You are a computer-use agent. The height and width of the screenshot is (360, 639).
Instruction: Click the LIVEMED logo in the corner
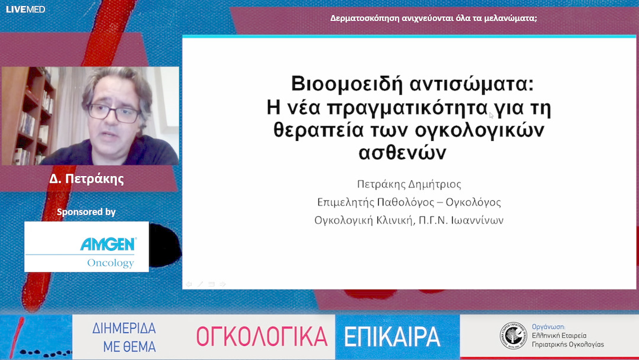[25, 9]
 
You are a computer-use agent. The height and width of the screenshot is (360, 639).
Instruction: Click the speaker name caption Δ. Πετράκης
[87, 179]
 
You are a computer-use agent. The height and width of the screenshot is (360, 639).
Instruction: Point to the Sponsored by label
[86, 212]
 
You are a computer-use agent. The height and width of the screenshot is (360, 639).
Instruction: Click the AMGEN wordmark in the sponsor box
[108, 244]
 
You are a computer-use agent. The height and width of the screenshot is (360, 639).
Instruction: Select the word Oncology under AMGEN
[111, 263]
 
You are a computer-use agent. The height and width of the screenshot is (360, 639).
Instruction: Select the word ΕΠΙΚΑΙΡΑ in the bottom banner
[392, 336]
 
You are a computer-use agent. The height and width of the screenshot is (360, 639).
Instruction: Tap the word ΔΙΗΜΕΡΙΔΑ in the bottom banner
[124, 330]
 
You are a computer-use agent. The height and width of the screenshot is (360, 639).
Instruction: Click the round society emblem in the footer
[513, 335]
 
